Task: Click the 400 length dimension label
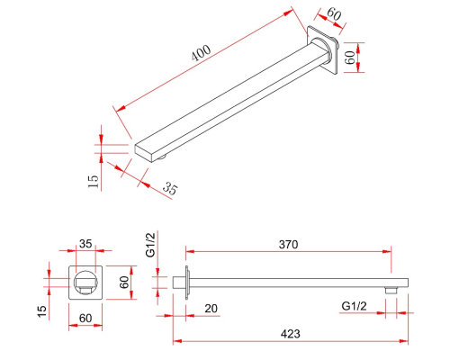pyautogui.click(x=202, y=53)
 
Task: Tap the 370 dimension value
pyautogui.click(x=288, y=245)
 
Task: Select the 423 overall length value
pyautogui.click(x=291, y=334)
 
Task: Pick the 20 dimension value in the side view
pyautogui.click(x=211, y=308)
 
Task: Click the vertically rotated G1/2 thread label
pyautogui.click(x=150, y=245)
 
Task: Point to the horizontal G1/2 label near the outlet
pyautogui.click(x=354, y=306)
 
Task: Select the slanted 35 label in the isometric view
pyautogui.click(x=170, y=188)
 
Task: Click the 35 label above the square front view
pyautogui.click(x=85, y=244)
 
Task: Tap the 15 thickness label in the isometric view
pyautogui.click(x=94, y=182)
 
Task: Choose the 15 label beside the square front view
pyautogui.click(x=42, y=311)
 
